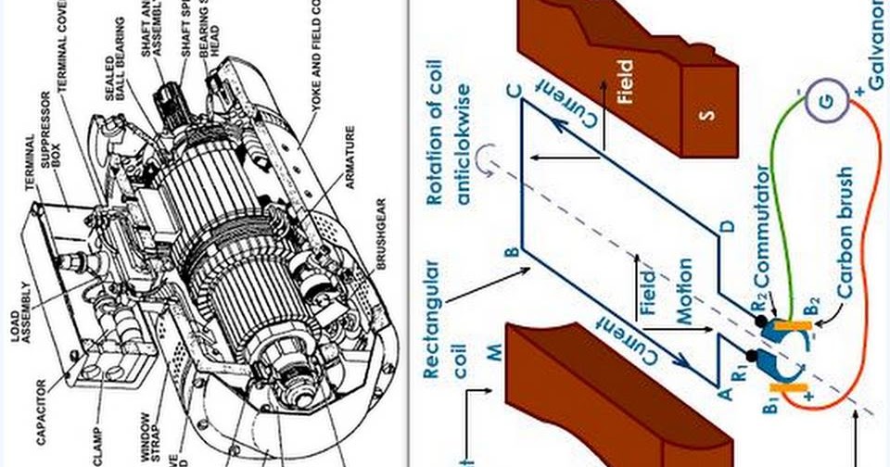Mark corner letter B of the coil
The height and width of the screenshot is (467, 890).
pos(511,251)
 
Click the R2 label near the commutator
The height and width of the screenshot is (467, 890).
pos(757,302)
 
